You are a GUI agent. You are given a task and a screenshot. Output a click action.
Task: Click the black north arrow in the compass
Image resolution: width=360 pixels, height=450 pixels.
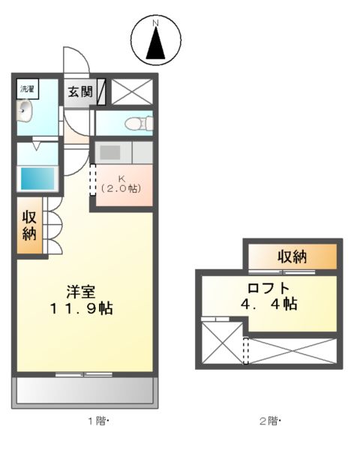click(157, 45)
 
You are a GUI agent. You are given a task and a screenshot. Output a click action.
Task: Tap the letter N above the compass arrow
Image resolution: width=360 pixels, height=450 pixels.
click(157, 23)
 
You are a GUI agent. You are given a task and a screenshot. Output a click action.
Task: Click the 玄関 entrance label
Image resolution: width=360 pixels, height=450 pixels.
click(79, 91)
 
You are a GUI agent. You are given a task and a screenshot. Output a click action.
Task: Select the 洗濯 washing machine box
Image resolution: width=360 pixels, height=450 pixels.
click(27, 88)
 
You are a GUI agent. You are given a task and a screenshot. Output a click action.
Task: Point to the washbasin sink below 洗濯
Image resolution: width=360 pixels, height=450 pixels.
click(25, 112)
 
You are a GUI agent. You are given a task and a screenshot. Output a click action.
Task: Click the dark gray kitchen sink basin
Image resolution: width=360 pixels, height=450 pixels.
click(110, 152)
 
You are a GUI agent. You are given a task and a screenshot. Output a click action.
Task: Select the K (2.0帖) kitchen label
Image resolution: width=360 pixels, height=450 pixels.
click(121, 184)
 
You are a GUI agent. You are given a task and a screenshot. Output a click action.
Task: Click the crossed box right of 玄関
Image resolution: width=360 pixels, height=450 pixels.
click(133, 92)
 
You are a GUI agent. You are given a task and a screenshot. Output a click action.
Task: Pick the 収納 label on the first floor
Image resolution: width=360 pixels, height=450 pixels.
click(29, 226)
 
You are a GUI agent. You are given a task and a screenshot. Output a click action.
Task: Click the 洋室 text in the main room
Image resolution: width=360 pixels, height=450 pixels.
click(81, 291)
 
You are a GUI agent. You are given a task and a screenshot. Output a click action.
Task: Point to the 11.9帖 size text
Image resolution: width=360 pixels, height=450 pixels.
click(81, 308)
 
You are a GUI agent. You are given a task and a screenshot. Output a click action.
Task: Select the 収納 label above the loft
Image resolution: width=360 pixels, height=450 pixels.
click(292, 256)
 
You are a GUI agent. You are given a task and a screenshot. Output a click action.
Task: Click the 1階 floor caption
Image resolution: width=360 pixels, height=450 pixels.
click(100, 421)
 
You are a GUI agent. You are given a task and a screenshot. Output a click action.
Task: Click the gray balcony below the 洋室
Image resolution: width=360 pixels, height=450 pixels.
click(85, 390)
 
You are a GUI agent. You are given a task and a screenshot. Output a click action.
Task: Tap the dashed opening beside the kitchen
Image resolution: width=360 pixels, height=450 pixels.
click(94, 181)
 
